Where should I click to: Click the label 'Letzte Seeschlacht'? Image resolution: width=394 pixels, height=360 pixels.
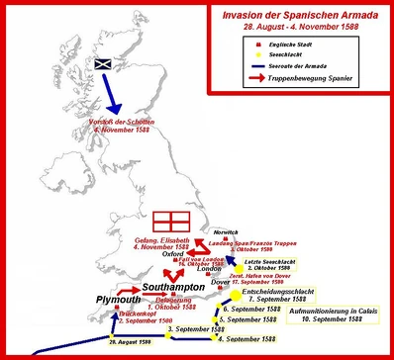272,259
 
